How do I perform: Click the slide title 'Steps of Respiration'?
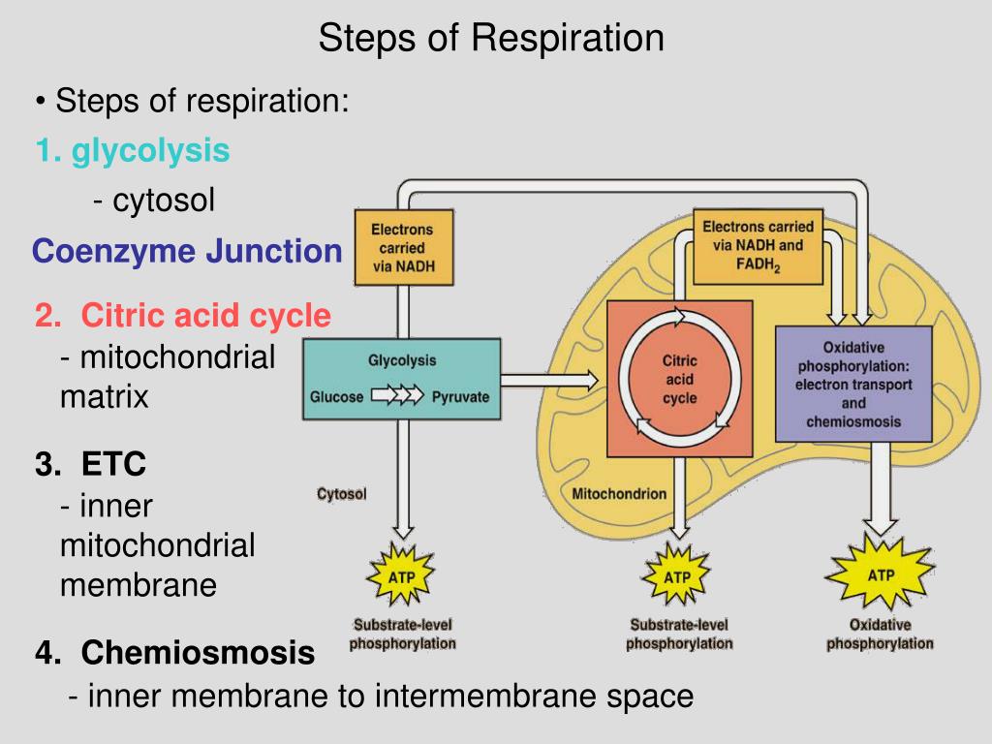tap(491, 38)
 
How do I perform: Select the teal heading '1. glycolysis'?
tap(133, 151)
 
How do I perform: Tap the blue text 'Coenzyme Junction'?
tap(187, 251)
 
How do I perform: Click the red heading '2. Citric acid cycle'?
tap(183, 315)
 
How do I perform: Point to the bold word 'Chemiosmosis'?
tap(198, 652)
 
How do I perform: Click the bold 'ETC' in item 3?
tap(114, 464)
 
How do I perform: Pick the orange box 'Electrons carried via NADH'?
tap(404, 247)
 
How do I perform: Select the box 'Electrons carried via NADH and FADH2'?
tap(758, 246)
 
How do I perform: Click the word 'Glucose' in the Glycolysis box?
tap(336, 396)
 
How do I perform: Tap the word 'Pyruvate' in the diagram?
tap(460, 396)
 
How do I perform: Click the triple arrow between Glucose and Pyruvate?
tap(397, 395)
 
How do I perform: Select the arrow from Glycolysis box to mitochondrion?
tap(549, 380)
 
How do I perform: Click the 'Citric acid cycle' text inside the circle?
tap(679, 379)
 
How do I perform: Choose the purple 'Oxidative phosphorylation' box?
tap(853, 384)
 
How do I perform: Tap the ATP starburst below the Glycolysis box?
tap(401, 576)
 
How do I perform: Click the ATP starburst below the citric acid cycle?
tap(677, 576)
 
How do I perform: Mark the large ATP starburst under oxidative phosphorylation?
tap(880, 573)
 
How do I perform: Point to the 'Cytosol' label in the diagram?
tap(342, 493)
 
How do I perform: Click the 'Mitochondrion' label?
tap(619, 493)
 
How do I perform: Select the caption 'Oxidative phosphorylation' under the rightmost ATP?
tap(880, 634)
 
